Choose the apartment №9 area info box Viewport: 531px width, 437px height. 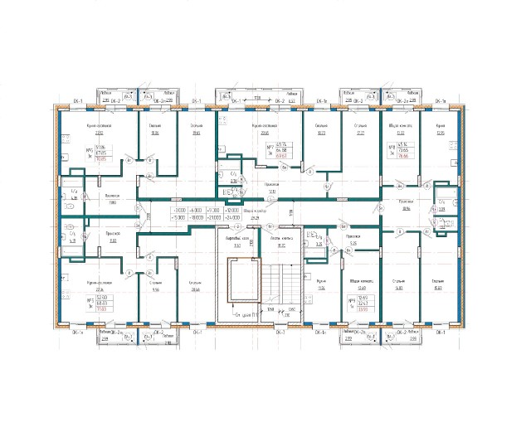pyautogui.click(x=364, y=303)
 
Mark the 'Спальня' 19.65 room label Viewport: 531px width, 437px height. pyautogui.click(x=196, y=129)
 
